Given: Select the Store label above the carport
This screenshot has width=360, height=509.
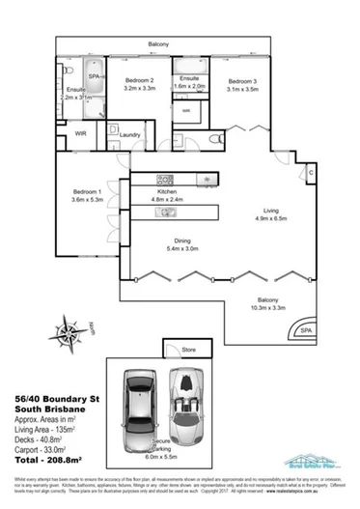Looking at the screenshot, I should tap(189, 349).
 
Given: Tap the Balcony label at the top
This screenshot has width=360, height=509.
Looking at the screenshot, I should tap(160, 44).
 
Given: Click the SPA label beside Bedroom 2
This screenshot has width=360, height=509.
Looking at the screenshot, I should tap(96, 75).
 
